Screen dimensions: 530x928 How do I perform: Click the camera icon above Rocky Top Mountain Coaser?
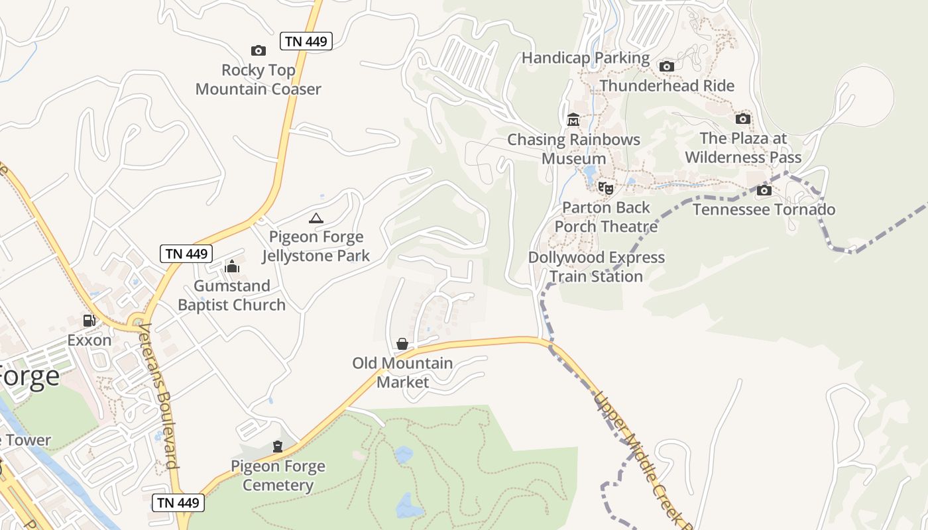[258, 50]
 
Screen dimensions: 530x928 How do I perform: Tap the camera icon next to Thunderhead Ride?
[667, 66]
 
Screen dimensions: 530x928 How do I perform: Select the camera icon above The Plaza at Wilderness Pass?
[742, 119]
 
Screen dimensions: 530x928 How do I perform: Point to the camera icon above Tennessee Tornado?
[764, 191]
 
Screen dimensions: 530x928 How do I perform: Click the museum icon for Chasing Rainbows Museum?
[573, 120]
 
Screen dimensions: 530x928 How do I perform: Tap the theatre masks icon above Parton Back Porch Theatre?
[606, 188]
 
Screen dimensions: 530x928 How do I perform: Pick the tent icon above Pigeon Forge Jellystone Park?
[316, 218]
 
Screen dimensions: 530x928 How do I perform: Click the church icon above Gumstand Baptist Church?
[232, 266]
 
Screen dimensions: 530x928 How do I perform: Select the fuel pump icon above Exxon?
[89, 321]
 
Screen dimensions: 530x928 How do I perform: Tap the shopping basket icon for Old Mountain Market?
[402, 343]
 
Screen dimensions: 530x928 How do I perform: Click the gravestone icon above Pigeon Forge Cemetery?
[278, 447]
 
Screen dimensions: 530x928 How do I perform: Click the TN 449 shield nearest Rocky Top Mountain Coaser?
[306, 41]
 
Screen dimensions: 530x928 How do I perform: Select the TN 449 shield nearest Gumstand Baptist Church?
[186, 253]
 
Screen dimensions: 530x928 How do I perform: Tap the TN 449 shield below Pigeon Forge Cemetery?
[178, 502]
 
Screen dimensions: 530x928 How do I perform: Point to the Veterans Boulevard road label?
[159, 396]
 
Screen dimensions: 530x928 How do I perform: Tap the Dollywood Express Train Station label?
[596, 266]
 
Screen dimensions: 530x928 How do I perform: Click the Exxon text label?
[89, 341]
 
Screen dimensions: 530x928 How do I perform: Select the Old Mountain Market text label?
[402, 372]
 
